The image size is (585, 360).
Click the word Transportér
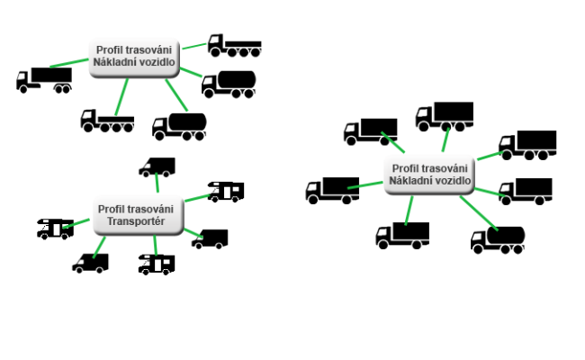[x=136, y=221]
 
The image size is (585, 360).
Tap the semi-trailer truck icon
[x=44, y=80]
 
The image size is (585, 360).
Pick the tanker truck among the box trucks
[x=498, y=240]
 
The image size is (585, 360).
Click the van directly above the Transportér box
[x=157, y=166]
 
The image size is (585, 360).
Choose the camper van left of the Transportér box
[x=55, y=229]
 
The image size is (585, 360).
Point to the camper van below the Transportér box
[x=157, y=265]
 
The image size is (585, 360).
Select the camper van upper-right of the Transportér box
[x=226, y=192]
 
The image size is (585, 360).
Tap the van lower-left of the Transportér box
[x=91, y=264]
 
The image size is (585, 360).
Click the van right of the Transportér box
[x=210, y=238]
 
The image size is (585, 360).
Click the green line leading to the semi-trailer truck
[x=69, y=63]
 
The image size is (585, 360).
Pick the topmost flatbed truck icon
[x=234, y=46]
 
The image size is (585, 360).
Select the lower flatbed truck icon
[x=107, y=121]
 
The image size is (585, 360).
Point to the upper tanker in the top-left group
[x=229, y=85]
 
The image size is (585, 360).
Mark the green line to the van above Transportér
[x=157, y=183]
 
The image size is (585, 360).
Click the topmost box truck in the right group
[x=445, y=116]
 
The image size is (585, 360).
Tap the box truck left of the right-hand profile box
[x=332, y=190]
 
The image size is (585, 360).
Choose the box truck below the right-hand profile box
[x=402, y=236]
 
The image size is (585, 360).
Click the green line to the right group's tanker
[x=479, y=213]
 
